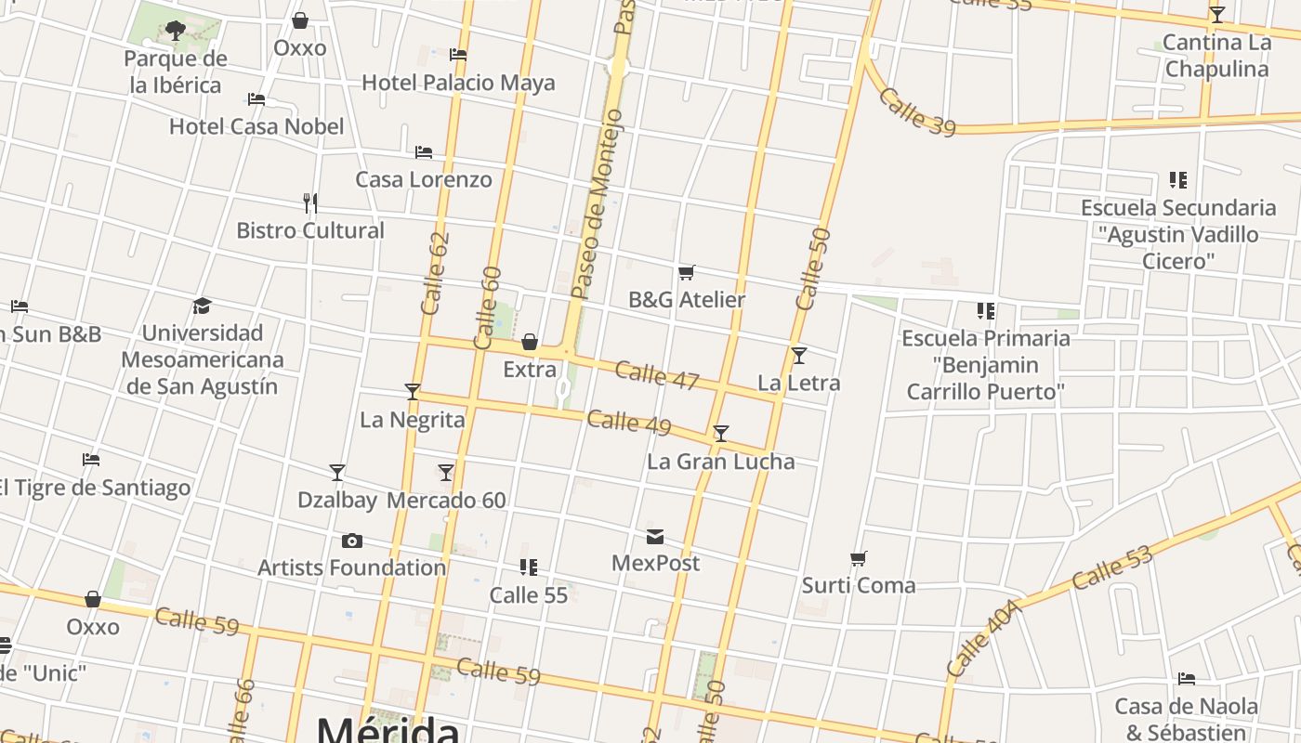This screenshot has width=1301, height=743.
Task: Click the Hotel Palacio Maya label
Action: click(x=458, y=83)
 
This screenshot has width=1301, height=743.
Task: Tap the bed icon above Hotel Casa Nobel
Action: click(x=256, y=98)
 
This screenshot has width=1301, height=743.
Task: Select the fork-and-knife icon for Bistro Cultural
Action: click(x=310, y=202)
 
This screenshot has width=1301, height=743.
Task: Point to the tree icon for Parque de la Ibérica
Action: click(x=175, y=31)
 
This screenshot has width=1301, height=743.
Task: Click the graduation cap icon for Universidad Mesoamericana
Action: click(x=202, y=306)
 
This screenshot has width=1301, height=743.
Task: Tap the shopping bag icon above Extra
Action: click(x=530, y=342)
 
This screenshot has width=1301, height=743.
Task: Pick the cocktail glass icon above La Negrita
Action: click(x=413, y=392)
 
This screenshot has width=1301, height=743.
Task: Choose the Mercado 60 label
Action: click(x=446, y=501)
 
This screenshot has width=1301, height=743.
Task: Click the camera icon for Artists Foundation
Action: click(x=352, y=541)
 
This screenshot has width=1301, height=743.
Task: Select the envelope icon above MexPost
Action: click(x=655, y=537)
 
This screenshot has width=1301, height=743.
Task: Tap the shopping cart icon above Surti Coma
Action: click(x=859, y=559)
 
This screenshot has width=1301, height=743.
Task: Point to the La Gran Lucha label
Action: click(x=720, y=462)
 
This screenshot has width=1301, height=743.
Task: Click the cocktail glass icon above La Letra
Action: click(x=799, y=356)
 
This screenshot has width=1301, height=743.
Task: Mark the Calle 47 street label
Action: click(x=656, y=375)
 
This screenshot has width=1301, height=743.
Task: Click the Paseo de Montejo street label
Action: click(x=595, y=204)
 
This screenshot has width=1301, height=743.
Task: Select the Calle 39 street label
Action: click(x=916, y=113)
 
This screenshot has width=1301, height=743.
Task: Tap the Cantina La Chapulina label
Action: click(x=1216, y=56)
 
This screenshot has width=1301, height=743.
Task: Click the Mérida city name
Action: click(x=388, y=729)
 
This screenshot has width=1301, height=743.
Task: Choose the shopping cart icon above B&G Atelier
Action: click(x=687, y=272)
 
